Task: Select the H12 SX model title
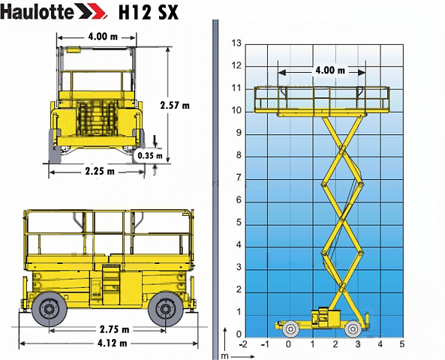point(149,12)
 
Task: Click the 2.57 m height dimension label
point(175,106)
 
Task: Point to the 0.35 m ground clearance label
point(150,155)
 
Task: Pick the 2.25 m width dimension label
point(100,171)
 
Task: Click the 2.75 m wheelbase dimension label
point(114,329)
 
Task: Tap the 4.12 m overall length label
point(112,343)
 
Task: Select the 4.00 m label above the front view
point(103,37)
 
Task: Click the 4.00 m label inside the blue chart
point(330,70)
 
